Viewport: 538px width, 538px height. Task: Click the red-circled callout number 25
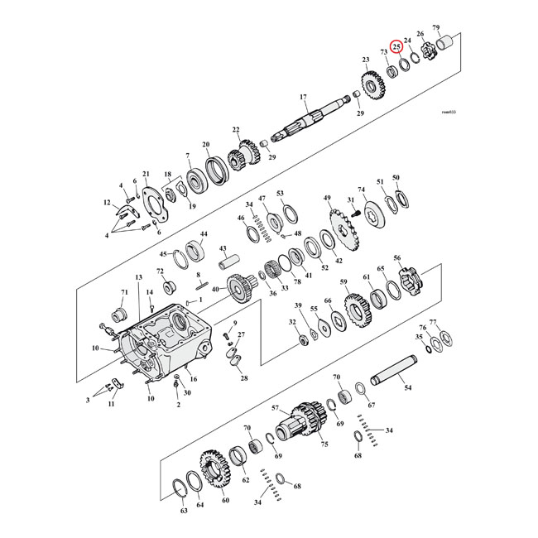(x=396, y=47)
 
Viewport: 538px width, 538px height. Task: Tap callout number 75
(x=324, y=444)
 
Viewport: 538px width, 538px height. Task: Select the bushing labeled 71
(x=117, y=315)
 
